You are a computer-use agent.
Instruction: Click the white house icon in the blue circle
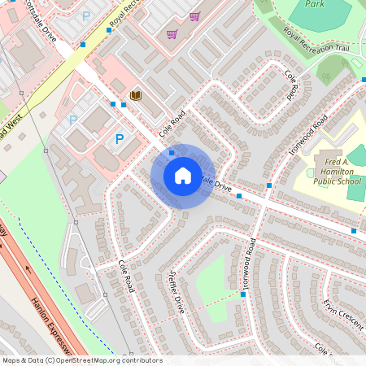(183, 175)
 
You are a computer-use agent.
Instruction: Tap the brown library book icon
(136, 96)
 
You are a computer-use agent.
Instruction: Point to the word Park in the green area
(315, 4)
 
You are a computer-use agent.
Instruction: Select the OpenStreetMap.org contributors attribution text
(107, 360)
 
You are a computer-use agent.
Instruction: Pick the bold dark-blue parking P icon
(120, 139)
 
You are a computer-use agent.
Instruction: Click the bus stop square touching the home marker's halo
(172, 153)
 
